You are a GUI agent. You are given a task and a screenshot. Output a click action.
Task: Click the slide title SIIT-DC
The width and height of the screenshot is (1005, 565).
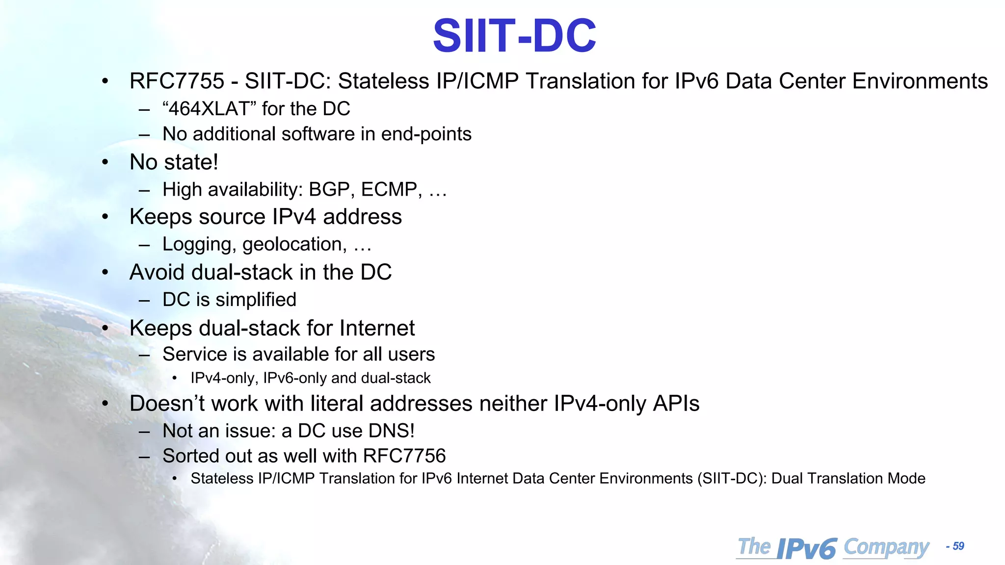(x=514, y=36)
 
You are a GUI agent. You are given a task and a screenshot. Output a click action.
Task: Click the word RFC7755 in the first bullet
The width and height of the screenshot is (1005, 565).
(x=177, y=81)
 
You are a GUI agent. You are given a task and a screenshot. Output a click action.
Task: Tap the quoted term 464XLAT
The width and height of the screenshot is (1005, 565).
(x=209, y=109)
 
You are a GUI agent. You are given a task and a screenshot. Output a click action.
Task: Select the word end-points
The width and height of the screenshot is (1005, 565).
(x=426, y=134)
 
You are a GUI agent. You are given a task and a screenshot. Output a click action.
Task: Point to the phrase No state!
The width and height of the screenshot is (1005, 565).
(x=174, y=162)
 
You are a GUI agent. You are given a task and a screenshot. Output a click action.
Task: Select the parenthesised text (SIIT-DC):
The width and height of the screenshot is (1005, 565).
(x=732, y=479)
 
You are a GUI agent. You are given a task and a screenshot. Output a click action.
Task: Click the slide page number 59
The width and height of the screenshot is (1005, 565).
(x=958, y=546)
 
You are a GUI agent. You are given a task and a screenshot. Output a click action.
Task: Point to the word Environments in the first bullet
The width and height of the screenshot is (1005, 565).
(x=920, y=81)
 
